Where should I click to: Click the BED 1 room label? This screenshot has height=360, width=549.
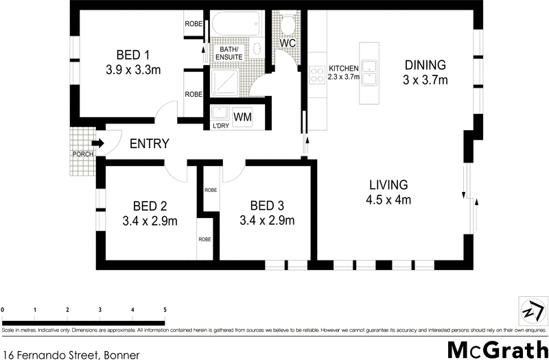(132, 55)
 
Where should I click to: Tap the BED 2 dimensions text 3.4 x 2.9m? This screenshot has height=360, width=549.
(150, 221)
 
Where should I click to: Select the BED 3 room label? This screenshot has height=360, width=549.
(267, 206)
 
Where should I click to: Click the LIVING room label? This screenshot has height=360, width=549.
(388, 184)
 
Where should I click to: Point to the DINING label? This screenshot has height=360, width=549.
(425, 65)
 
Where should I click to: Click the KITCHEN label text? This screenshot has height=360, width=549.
(344, 69)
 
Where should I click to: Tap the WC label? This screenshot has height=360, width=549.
(287, 43)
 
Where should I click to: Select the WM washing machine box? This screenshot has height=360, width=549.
(242, 117)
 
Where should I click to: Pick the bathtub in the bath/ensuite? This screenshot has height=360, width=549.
(237, 26)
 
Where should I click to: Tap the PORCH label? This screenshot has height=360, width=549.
(82, 154)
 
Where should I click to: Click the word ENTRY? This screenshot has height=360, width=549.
(149, 143)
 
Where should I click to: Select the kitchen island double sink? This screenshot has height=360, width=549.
(369, 72)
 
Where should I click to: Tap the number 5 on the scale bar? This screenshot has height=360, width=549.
(165, 310)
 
